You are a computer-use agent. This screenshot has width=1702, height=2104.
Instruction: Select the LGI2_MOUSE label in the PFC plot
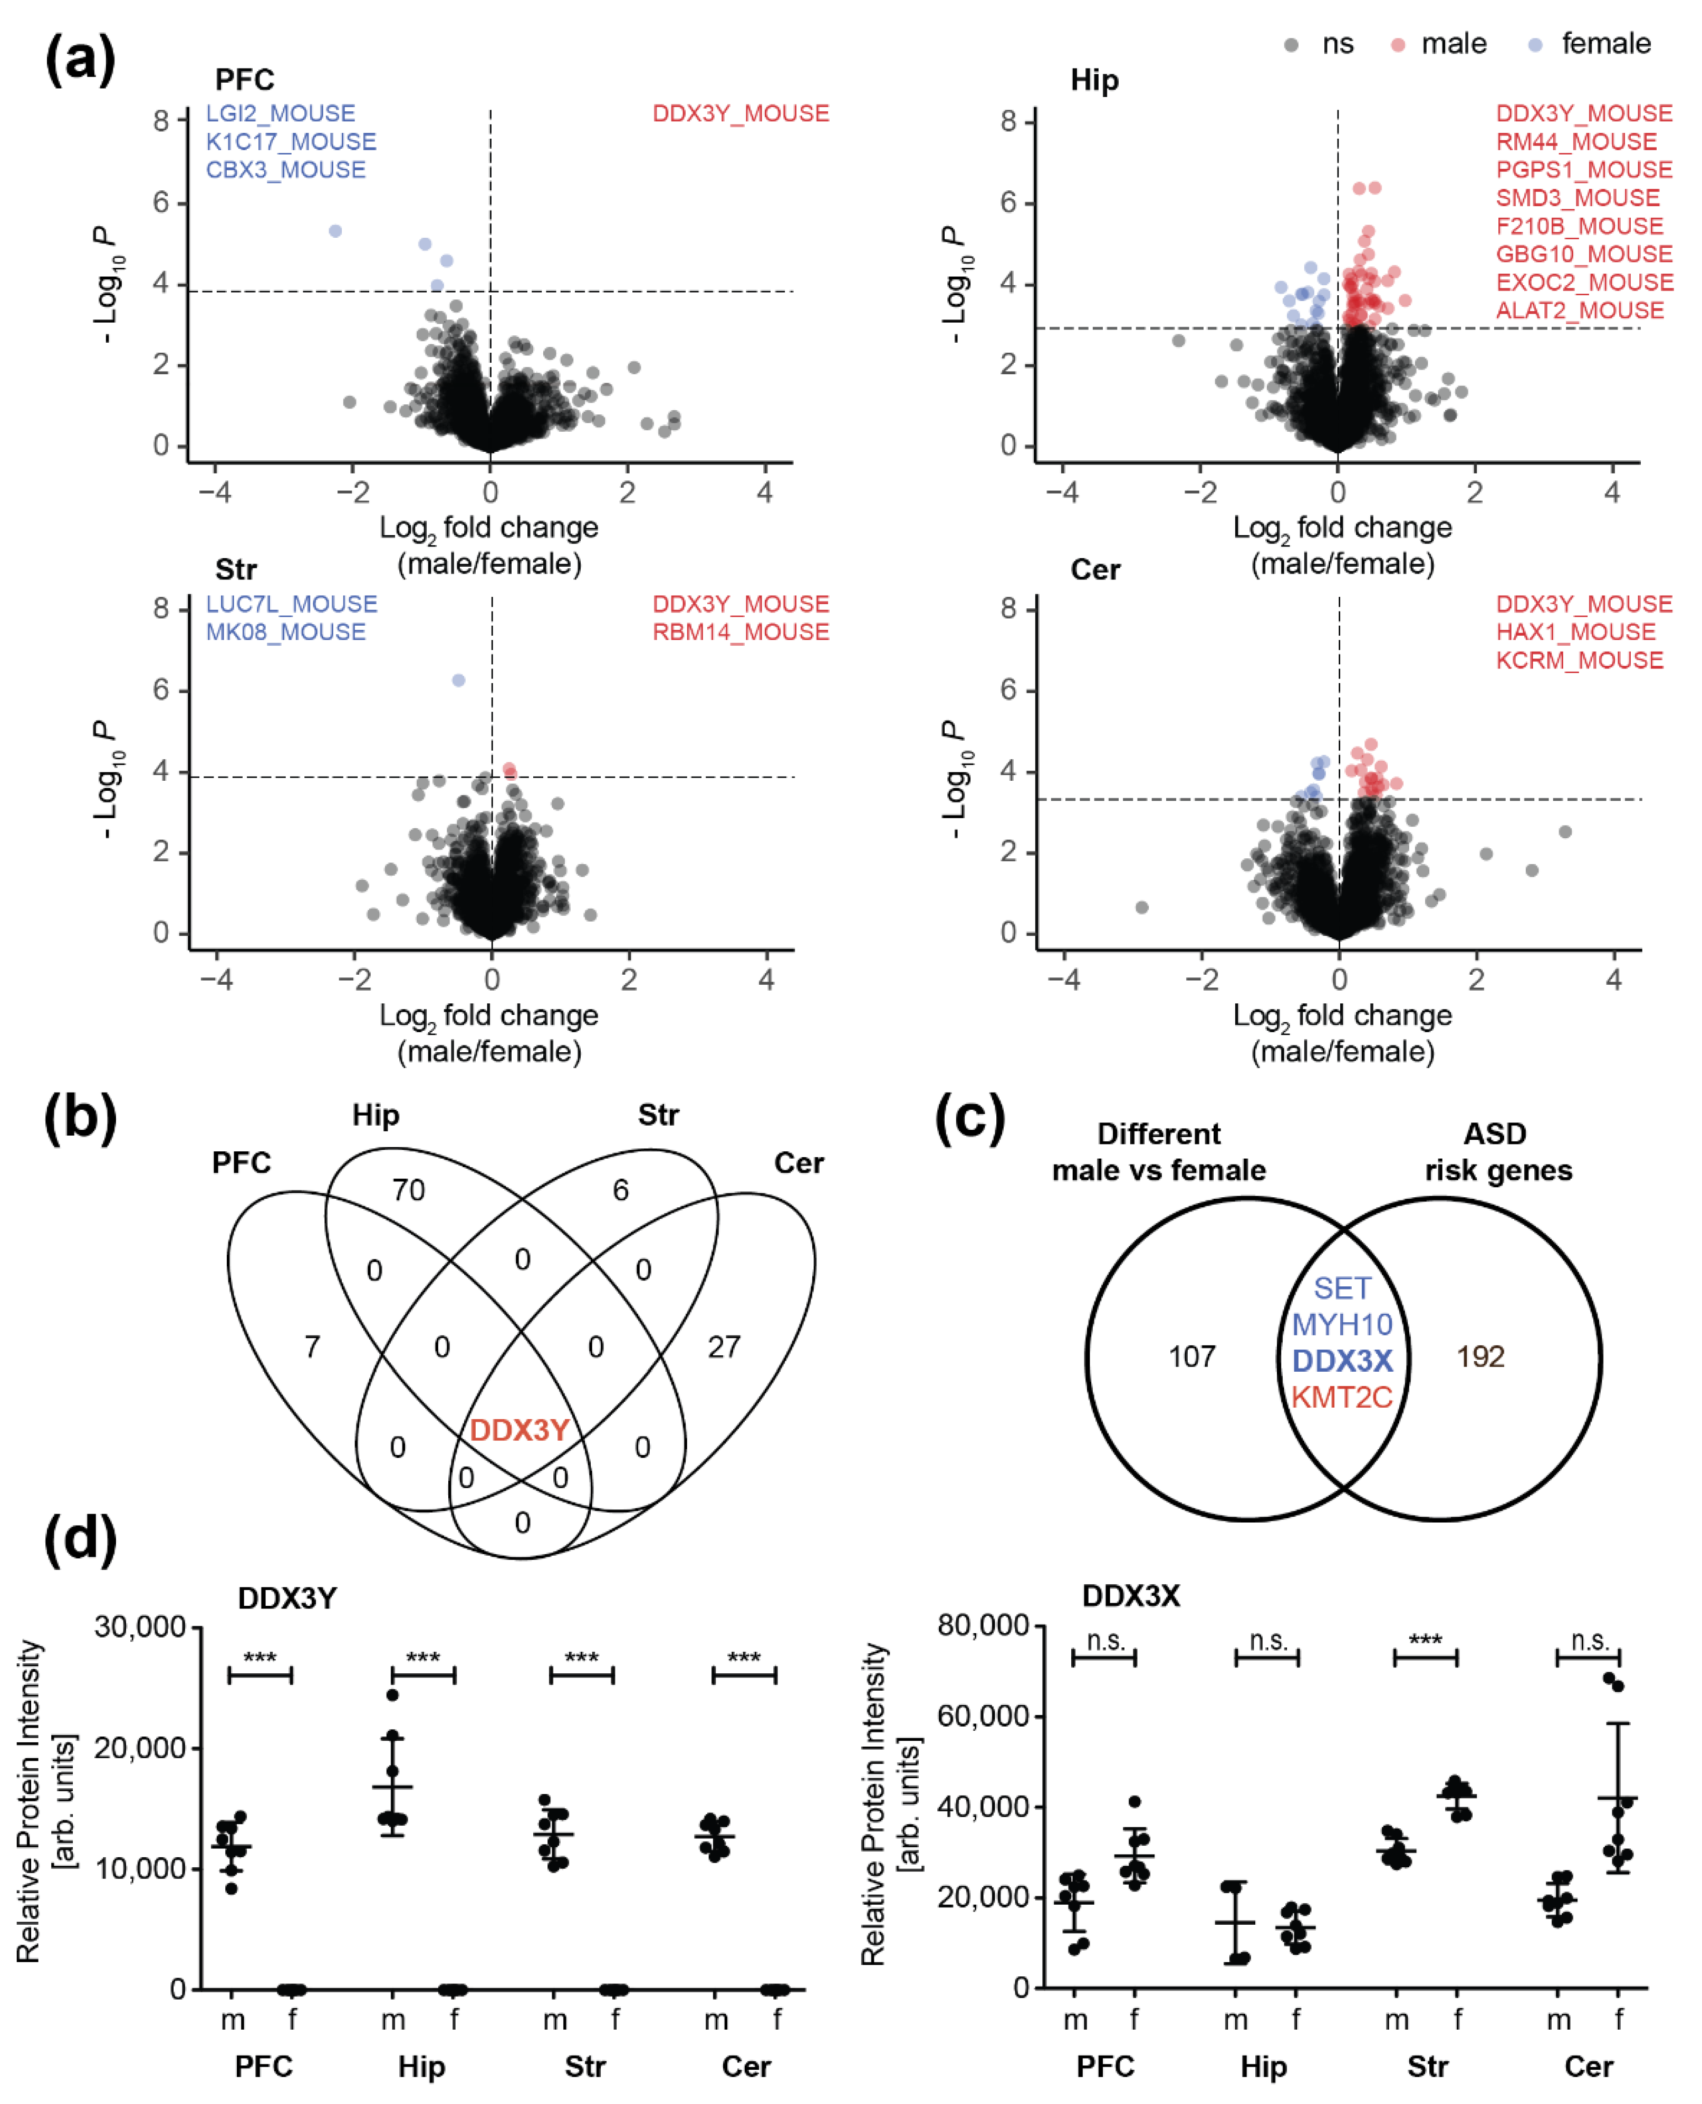pyautogui.click(x=281, y=114)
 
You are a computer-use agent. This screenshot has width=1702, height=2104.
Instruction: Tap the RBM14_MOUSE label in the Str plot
pyautogui.click(x=740, y=632)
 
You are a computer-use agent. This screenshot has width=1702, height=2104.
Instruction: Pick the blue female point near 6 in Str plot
pyautogui.click(x=458, y=680)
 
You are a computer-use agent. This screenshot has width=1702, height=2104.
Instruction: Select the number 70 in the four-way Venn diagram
pyautogui.click(x=409, y=1190)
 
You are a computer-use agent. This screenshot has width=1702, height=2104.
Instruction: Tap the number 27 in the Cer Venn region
pyautogui.click(x=724, y=1346)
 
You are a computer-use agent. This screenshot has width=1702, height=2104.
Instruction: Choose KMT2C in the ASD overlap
pyautogui.click(x=1341, y=1398)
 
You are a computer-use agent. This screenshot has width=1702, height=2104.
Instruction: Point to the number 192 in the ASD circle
pyautogui.click(x=1479, y=1356)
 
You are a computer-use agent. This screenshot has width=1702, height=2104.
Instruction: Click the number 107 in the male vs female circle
pyautogui.click(x=1191, y=1356)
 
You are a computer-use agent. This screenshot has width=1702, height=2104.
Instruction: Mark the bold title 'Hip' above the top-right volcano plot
pyautogui.click(x=1094, y=80)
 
